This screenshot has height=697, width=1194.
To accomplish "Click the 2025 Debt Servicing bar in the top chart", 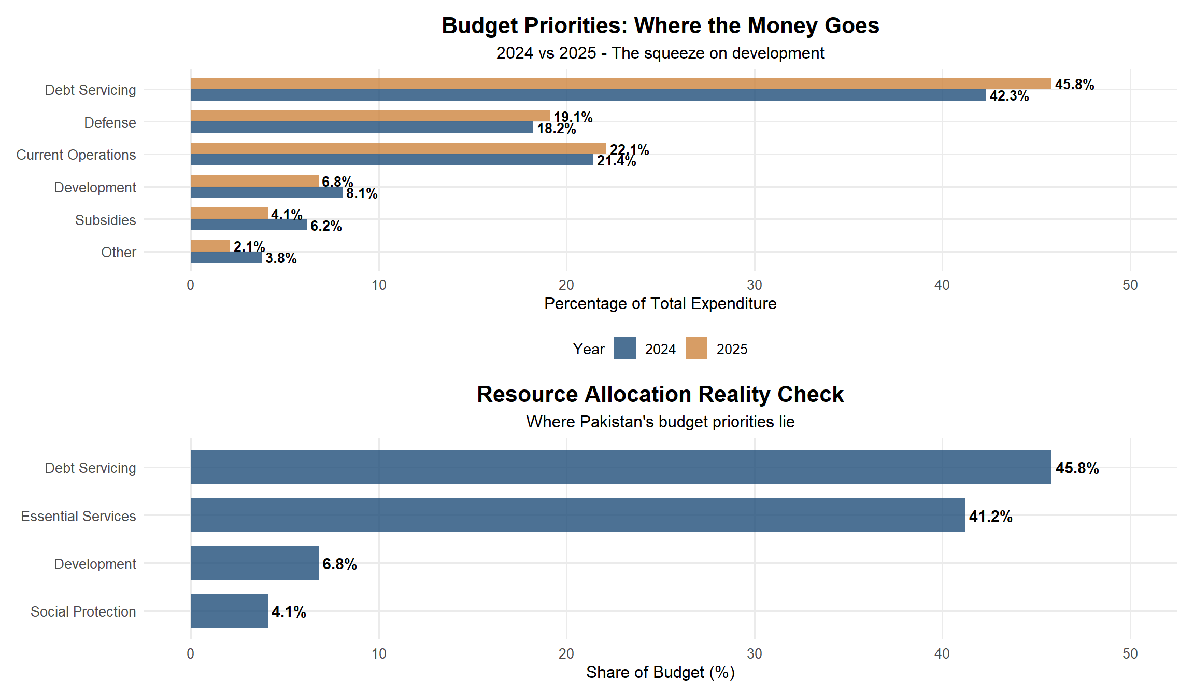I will [621, 83].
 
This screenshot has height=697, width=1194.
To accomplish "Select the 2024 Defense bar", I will [362, 128].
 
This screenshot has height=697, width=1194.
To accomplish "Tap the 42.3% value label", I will [1008, 96].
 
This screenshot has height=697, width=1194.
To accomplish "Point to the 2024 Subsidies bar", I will [249, 225].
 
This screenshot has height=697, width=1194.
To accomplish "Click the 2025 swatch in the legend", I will [696, 348].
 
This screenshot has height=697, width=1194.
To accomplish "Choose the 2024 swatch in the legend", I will [624, 348].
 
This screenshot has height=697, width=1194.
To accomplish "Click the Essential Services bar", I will [577, 515].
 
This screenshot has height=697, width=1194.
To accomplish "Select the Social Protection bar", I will [229, 611].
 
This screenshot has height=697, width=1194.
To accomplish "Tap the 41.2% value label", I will [990, 517].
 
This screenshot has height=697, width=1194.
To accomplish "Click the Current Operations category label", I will [76, 155].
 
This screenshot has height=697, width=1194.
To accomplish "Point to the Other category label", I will [119, 253].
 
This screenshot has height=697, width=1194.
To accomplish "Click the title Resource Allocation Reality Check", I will [660, 395].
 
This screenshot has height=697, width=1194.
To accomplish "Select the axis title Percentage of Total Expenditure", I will [660, 304].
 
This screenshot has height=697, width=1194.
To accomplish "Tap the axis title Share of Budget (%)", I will [660, 672].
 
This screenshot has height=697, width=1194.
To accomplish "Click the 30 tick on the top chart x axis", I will [754, 285].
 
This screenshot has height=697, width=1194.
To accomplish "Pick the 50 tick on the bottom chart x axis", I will [1130, 653].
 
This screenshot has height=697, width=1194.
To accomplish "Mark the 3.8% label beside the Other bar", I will [281, 258].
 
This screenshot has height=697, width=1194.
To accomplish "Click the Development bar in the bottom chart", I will [254, 563].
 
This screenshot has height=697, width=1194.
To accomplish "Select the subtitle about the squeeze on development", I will [660, 53].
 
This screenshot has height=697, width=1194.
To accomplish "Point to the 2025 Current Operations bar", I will [398, 148].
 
